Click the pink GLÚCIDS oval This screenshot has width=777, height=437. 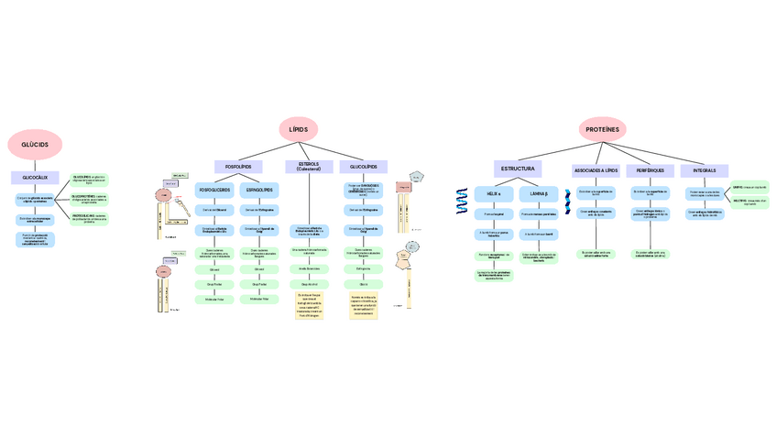point(35,145)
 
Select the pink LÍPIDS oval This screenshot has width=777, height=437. point(298,130)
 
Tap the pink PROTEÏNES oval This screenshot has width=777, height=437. point(600,130)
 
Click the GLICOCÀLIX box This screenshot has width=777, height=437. point(35,178)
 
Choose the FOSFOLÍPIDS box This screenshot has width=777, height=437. point(238,167)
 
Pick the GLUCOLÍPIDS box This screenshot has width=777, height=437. point(364,167)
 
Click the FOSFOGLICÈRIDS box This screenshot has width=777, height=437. point(215,191)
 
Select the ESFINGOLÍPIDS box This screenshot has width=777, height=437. point(259,191)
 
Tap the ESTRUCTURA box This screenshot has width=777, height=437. point(518,169)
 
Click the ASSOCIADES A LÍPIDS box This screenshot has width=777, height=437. point(596,171)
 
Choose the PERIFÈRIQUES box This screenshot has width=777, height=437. point(650,171)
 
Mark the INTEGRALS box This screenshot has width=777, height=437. point(705,171)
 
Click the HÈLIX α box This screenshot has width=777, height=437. point(493,194)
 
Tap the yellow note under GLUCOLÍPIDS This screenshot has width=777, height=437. point(364,303)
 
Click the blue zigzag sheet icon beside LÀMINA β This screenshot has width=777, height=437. point(567,200)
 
